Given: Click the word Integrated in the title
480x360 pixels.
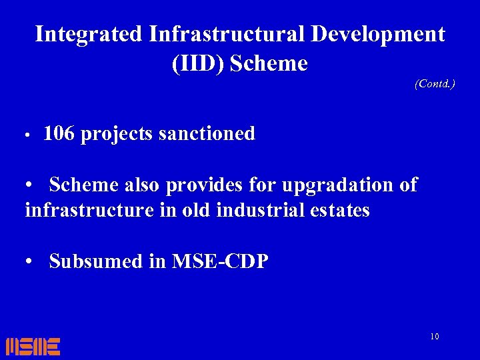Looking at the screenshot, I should click(89, 34).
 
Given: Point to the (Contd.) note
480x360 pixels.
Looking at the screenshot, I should click(435, 84).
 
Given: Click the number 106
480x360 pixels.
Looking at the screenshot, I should click(59, 134).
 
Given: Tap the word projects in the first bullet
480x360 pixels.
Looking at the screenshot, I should click(117, 134).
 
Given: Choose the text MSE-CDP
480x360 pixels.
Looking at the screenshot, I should click(220, 261).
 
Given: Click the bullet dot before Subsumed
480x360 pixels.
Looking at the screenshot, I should click(31, 261).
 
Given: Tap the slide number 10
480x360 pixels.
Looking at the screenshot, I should click(435, 337).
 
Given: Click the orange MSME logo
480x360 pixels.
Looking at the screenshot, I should click(33, 346).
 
